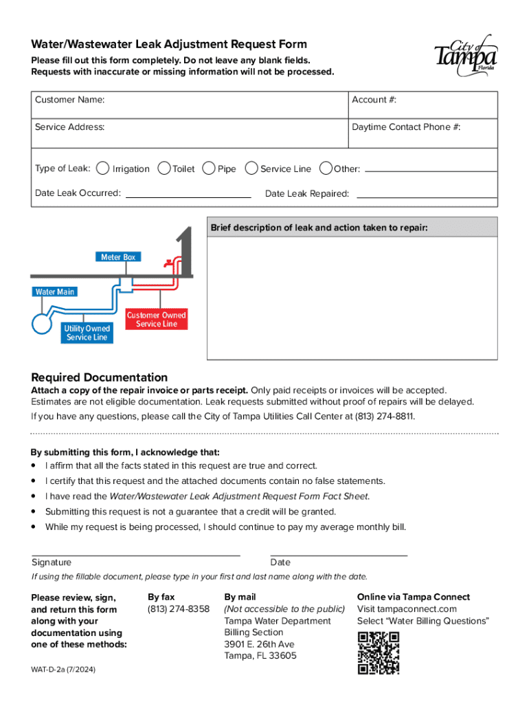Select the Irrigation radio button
pyautogui.click(x=102, y=168)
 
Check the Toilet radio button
pyautogui.click(x=164, y=168)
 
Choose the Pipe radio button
pyautogui.click(x=209, y=168)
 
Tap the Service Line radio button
pyautogui.click(x=251, y=168)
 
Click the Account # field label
pyautogui.click(x=374, y=100)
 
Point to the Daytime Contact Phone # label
pyautogui.click(x=405, y=127)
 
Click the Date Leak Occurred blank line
pyautogui.click(x=188, y=196)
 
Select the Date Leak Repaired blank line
pyautogui.click(x=426, y=197)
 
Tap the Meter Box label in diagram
pyautogui.click(x=118, y=257)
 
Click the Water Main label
pyautogui.click(x=54, y=292)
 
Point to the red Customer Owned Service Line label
pyautogui.click(x=157, y=320)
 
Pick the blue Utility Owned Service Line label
pyautogui.click(x=87, y=333)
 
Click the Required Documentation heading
pyautogui.click(x=100, y=377)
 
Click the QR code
pyautogui.click(x=379, y=652)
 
